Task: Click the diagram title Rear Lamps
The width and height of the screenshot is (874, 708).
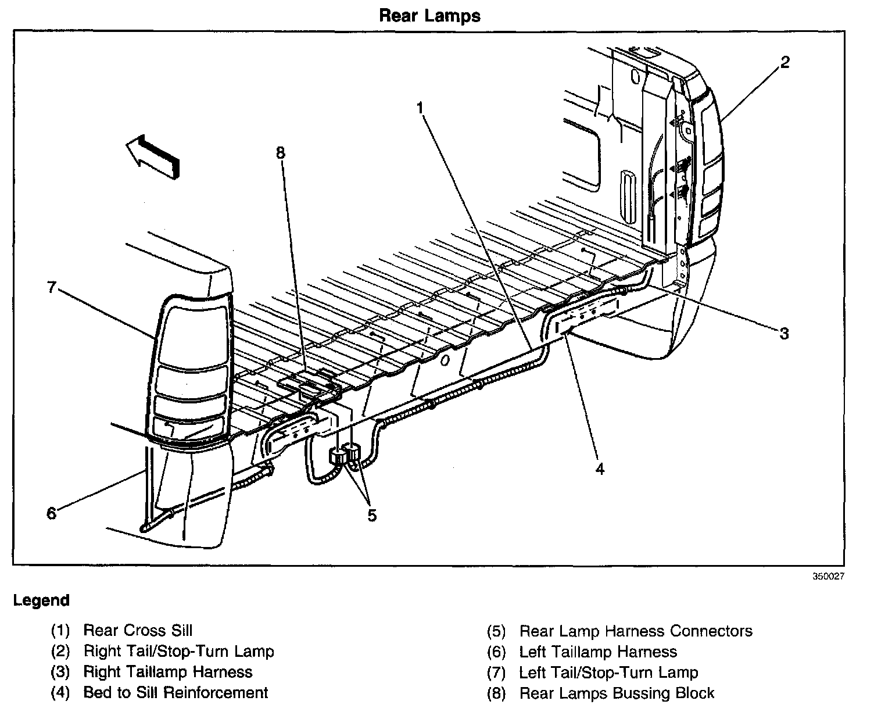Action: pos(429,16)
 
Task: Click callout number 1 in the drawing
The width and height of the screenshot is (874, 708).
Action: pos(420,108)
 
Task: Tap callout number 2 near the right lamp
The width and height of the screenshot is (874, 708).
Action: pos(785,63)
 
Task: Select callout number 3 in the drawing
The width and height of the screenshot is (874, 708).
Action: pos(784,333)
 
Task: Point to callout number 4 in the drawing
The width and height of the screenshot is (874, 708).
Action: pos(600,469)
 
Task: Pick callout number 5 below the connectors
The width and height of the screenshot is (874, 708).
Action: pos(372,515)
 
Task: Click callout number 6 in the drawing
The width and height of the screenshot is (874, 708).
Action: pos(52,513)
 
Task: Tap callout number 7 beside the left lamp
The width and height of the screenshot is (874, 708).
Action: pos(52,287)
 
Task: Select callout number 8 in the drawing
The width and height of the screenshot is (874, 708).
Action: pos(281,153)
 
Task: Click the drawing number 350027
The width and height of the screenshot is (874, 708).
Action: pos(828,577)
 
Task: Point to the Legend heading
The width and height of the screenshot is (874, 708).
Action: pos(41,600)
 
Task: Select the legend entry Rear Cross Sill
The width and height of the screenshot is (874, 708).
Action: pos(138,630)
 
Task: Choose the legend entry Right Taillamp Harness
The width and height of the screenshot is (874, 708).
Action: pos(168,672)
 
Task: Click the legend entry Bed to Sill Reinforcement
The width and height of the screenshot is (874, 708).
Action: pos(175,692)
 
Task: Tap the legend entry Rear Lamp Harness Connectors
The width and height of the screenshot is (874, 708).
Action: pos(636,631)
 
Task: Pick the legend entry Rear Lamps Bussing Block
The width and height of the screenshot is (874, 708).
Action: pos(617,693)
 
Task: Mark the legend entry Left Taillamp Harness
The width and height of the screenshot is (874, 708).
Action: pos(598,652)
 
